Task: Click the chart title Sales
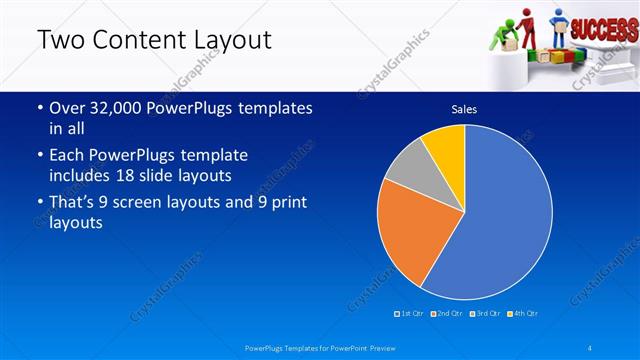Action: tap(464, 108)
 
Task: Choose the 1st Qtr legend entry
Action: tap(410, 314)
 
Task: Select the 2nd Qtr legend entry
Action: tap(446, 314)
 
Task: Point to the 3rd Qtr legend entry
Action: tap(485, 314)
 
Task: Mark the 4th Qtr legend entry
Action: tap(523, 314)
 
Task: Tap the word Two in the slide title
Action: tap(57, 41)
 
